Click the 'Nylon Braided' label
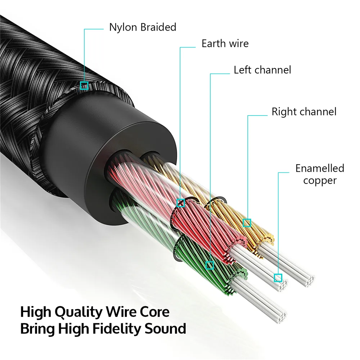143,27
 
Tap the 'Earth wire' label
225,44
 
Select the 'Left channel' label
262,69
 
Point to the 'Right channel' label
304,112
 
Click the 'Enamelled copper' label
320,174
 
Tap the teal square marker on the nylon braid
84,85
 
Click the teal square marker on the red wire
181,203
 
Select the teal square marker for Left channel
210,265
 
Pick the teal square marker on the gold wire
247,223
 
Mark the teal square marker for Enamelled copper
278,278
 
